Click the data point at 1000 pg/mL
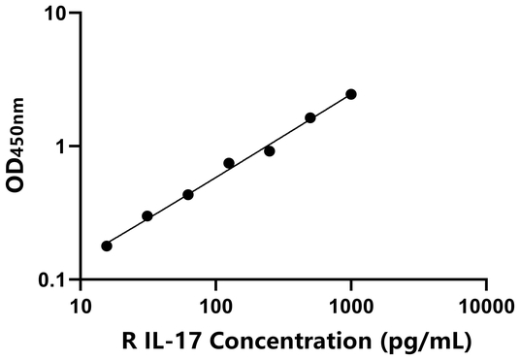351,94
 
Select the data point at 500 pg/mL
310,117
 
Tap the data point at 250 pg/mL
270,151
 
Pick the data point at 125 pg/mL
229,163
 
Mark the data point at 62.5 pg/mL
188,194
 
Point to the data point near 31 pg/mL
147,215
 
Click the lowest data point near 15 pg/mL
107,245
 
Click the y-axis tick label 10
55,15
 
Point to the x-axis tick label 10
81,309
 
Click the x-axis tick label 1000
350,309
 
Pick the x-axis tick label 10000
485,309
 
